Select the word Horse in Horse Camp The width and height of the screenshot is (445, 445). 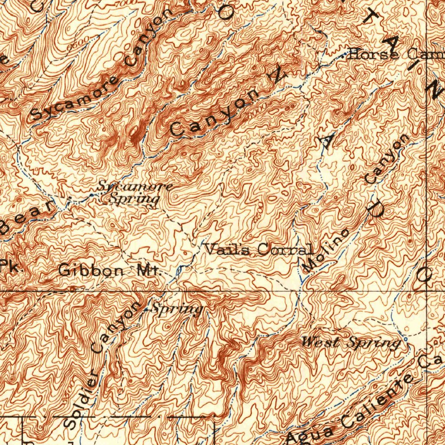[373, 55]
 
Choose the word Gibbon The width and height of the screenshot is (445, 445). [91, 271]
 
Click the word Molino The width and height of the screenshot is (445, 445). [325, 251]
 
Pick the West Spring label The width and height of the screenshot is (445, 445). [351, 343]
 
